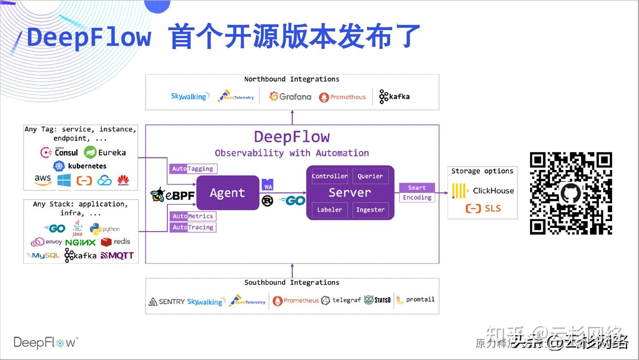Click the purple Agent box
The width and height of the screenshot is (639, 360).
click(x=227, y=193)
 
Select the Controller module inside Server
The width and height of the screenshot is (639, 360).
click(x=329, y=176)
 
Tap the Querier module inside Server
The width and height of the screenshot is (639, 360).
click(x=370, y=176)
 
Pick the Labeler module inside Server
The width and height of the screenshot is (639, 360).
click(x=329, y=210)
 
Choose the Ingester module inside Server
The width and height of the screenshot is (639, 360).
click(x=370, y=210)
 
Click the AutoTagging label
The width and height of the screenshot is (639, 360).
click(x=193, y=169)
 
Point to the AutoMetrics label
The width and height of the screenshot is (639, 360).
click(x=193, y=216)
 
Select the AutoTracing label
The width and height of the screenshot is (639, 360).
click(x=193, y=227)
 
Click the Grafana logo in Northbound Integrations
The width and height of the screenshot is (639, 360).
click(x=290, y=97)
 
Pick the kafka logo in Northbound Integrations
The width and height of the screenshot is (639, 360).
click(x=394, y=97)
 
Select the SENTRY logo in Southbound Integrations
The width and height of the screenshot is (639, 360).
click(x=167, y=302)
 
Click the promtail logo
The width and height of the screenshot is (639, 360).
click(x=415, y=300)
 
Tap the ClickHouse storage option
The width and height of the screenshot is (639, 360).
click(x=483, y=191)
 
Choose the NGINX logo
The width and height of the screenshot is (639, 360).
click(x=80, y=242)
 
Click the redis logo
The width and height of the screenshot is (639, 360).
click(x=116, y=242)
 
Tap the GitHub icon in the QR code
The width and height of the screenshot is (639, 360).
click(x=570, y=193)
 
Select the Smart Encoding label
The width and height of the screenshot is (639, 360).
click(x=417, y=192)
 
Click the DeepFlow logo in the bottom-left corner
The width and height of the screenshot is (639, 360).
click(x=45, y=342)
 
